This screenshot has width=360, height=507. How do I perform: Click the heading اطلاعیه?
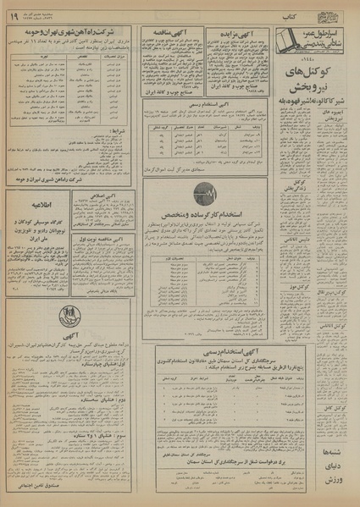tap(38, 202)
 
